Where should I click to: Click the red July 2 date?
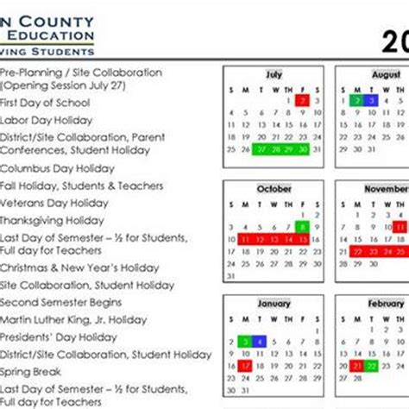click(302, 101)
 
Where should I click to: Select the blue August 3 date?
click(370, 101)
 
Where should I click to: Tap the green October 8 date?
click(302, 228)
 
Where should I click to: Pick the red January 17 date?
click(245, 367)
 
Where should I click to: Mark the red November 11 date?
click(400, 228)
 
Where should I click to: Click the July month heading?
click(274, 75)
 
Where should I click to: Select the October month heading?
click(274, 189)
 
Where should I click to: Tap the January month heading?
click(274, 304)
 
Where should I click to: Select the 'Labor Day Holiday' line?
click(46, 121)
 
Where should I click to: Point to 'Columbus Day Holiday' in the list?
click(56, 169)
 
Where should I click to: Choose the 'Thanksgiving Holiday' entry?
click(53, 220)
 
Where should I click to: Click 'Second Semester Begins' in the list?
click(60, 303)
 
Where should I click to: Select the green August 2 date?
click(356, 101)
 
